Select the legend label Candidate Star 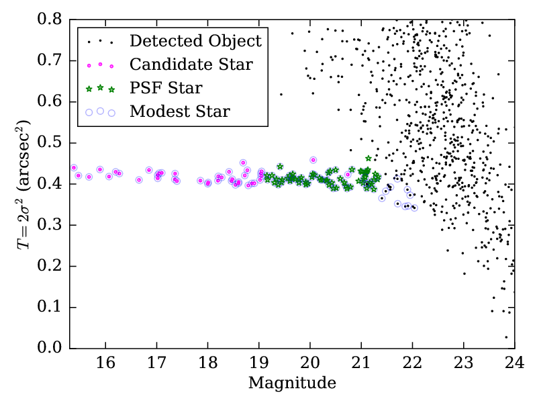pos(191,64)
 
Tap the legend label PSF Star pos(166,88)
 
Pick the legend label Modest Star pos(180,111)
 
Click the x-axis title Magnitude pos(292,384)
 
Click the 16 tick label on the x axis pos(105,363)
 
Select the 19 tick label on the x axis pos(258,363)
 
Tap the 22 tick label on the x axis pos(412,363)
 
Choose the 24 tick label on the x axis pos(514,363)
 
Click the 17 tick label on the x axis pos(156,363)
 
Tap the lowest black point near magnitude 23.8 pos(506,337)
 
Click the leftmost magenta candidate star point pos(74,168)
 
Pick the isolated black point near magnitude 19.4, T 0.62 pos(281,94)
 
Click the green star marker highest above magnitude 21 pos(368,159)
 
